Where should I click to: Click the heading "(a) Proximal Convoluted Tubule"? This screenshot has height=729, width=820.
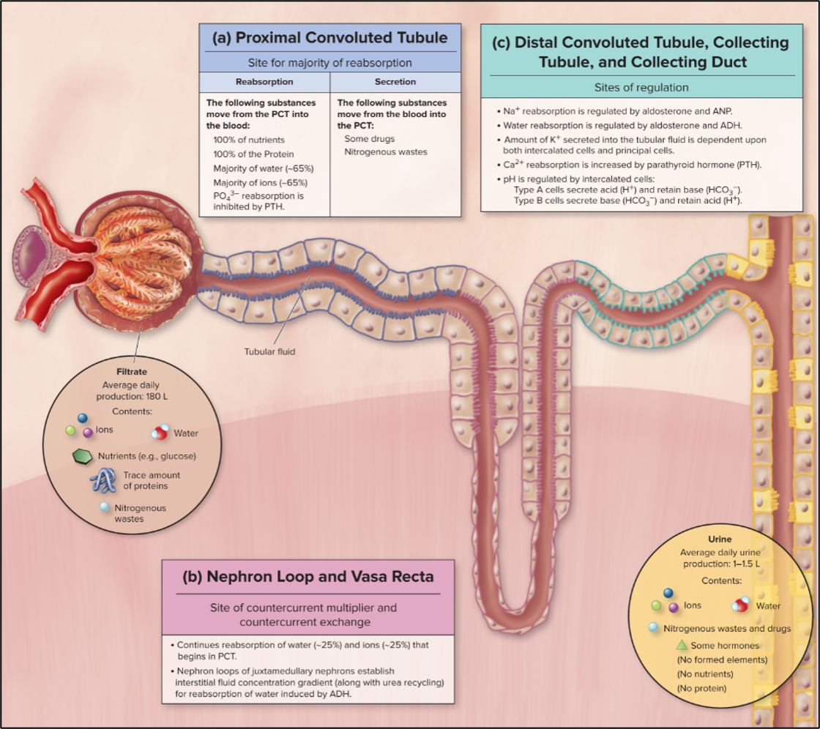[x=330, y=37]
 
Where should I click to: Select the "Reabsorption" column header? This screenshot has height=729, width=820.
[x=265, y=82]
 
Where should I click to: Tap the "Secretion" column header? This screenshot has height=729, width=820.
[x=395, y=82]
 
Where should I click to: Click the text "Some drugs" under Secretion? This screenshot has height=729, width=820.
[x=370, y=138]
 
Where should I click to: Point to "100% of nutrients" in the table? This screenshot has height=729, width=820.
[x=250, y=139]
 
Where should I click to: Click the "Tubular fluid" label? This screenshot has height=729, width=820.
[x=269, y=351]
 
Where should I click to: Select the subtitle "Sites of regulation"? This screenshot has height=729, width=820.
[x=638, y=87]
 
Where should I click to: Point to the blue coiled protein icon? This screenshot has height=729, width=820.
[x=103, y=480]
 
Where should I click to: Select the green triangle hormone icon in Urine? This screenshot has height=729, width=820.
[x=682, y=645]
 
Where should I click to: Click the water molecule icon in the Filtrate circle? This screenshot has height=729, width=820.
[x=160, y=433]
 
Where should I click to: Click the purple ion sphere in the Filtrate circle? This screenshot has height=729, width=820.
[x=88, y=433]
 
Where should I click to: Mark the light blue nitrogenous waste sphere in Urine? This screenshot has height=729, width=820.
[x=653, y=628]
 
